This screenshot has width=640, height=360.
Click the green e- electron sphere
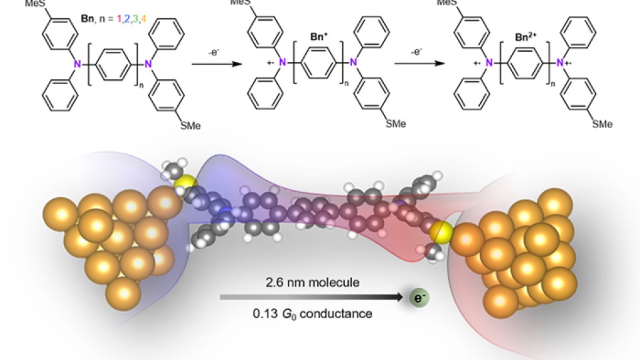tap(420, 297)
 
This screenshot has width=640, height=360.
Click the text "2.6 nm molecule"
tap(313, 283)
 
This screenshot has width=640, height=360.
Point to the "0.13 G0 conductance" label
tap(313, 314)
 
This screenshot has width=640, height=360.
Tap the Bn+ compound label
tap(319, 37)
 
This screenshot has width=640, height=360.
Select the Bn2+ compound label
tap(526, 37)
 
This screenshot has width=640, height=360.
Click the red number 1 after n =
tap(119, 19)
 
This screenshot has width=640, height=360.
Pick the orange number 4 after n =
tap(143, 19)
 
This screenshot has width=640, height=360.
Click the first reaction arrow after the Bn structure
tap(217, 64)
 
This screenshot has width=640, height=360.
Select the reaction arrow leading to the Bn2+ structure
tap(419, 63)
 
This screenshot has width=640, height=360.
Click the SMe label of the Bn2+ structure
tap(602, 124)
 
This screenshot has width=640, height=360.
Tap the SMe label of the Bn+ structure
tap(395, 124)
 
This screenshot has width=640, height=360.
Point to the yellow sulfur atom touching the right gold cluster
tap(441, 232)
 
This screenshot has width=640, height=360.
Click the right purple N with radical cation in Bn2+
tap(561, 63)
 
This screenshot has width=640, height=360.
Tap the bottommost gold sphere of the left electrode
tap(123, 293)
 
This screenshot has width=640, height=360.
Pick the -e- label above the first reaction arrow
tap(214, 53)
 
